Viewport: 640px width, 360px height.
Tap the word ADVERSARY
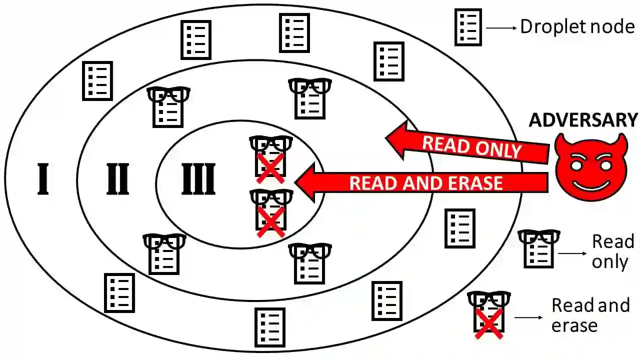click(x=583, y=120)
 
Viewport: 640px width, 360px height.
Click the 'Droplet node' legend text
click(x=577, y=26)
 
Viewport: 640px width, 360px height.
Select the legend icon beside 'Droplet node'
click(x=468, y=27)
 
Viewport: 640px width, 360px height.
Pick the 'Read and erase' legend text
click(x=590, y=315)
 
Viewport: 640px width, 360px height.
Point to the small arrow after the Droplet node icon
click(x=501, y=28)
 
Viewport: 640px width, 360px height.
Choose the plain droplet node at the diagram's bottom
click(x=270, y=327)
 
